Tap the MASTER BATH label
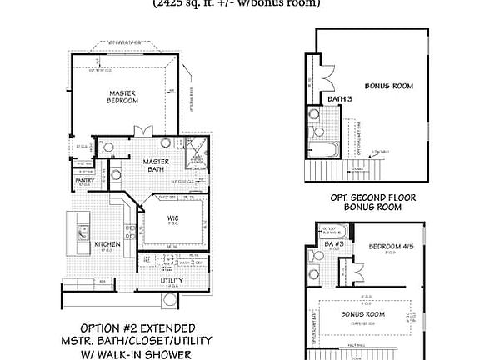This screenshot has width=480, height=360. coord(156,166)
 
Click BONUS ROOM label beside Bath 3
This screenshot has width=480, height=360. coord(389,86)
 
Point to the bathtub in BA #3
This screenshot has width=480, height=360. coord(329,232)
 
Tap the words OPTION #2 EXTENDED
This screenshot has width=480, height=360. coord(137,327)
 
